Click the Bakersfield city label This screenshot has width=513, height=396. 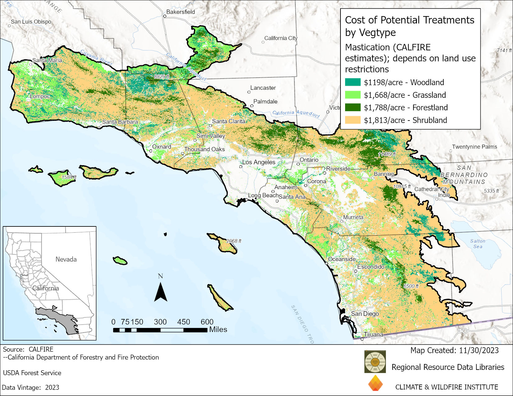[180, 12]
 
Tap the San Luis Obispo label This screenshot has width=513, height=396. [31, 22]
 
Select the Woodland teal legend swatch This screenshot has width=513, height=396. [353, 82]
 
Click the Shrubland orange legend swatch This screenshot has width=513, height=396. [353, 120]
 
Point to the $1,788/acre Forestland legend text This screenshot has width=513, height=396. [406, 107]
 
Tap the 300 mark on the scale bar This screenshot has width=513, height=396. [160, 322]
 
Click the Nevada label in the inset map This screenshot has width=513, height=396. [66, 259]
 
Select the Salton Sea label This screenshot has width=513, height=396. [478, 244]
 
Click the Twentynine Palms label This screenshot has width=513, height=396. [474, 147]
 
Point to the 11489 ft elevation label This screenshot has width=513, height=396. [387, 154]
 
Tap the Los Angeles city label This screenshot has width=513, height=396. [259, 162]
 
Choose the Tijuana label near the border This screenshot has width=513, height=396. [373, 335]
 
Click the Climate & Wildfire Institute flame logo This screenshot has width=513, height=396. [375, 383]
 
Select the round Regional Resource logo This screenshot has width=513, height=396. [375, 362]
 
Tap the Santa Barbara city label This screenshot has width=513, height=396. [120, 122]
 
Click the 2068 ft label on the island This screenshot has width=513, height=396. [233, 241]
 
